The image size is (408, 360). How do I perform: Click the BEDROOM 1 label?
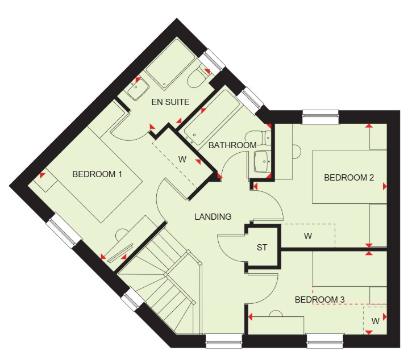pyautogui.click(x=97, y=174)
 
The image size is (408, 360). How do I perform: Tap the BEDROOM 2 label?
pyautogui.click(x=349, y=178)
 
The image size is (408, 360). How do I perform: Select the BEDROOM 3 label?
pyautogui.click(x=320, y=300)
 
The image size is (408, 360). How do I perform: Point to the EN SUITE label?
pyautogui.click(x=170, y=102)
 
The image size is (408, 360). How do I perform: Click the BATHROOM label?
pyautogui.click(x=232, y=145)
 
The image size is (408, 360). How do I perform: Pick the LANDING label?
pyautogui.click(x=213, y=216)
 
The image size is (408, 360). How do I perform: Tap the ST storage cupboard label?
pyautogui.click(x=262, y=247)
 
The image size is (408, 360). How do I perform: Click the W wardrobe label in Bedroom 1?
pyautogui.click(x=182, y=160)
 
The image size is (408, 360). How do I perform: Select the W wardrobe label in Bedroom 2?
pyautogui.click(x=308, y=236)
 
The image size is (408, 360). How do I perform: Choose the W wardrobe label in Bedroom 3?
pyautogui.click(x=375, y=321)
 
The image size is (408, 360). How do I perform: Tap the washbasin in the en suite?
pyautogui.click(x=138, y=89)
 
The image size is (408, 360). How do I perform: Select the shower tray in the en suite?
pyautogui.click(x=170, y=64)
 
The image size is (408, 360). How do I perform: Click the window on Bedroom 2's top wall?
pyautogui.click(x=320, y=117)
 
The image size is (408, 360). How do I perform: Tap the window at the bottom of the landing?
pyautogui.click(x=224, y=341)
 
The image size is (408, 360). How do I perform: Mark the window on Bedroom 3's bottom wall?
pyautogui.click(x=325, y=341)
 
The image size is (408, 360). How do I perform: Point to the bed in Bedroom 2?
pyautogui.click(x=349, y=177)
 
